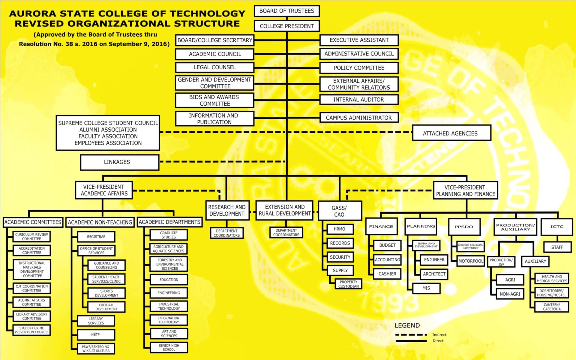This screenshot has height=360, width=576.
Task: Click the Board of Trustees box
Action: [287, 11]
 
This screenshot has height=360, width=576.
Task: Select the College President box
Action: [287, 26]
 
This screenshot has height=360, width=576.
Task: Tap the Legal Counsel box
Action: [215, 67]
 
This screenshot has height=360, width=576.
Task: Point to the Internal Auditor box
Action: [359, 100]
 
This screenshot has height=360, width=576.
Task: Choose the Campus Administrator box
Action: [359, 118]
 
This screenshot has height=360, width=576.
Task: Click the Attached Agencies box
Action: [451, 133]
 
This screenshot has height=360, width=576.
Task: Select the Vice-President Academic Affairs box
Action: [104, 190]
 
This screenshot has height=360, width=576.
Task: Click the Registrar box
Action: [96, 237]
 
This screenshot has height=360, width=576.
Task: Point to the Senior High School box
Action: [169, 347]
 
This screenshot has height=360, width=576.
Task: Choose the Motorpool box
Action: [470, 261]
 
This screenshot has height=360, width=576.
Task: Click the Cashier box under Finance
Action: [387, 274]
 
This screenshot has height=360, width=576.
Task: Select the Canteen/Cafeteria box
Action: [552, 307]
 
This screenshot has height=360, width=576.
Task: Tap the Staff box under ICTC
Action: [557, 247]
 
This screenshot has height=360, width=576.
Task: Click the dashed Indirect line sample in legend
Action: [411, 334]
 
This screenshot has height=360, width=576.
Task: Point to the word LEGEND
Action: [407, 325]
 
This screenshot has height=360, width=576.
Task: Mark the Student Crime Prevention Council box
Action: [31, 330]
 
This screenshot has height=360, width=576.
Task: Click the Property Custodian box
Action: [348, 284]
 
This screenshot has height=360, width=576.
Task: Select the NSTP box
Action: [96, 334]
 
